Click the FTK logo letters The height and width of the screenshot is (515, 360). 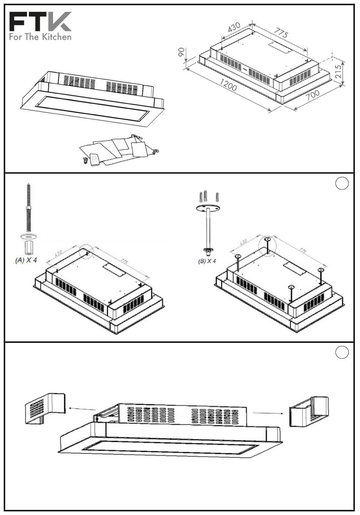point(40,22)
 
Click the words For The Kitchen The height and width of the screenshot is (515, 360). point(40,37)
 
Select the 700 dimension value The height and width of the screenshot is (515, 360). point(313,95)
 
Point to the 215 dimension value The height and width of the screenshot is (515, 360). point(338,71)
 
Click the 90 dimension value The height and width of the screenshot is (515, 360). point(182,53)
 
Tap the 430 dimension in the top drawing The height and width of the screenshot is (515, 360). point(234,28)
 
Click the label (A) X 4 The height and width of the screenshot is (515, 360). point(26,261)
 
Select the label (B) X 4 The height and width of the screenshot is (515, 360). point(207,261)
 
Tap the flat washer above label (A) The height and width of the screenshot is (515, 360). point(29,236)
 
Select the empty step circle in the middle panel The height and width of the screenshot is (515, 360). point(342,183)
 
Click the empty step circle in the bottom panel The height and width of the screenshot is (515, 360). point(342,353)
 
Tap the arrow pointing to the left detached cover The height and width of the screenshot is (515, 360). point(82,409)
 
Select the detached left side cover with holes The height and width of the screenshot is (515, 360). point(45,409)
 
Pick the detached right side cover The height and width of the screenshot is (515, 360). point(309,412)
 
